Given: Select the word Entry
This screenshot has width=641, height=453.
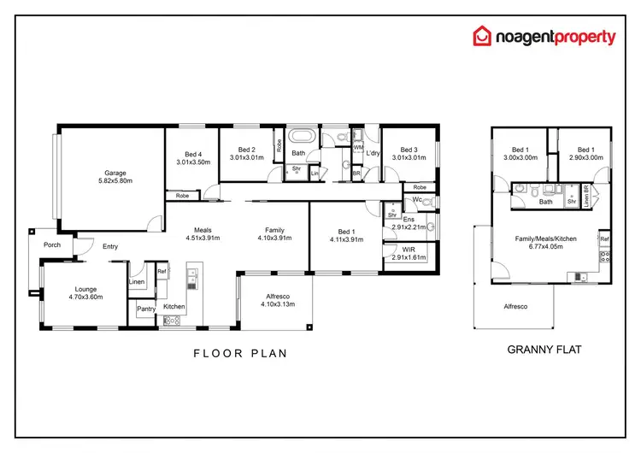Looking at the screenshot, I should tap(110, 247).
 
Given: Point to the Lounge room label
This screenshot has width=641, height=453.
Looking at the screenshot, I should tap(85, 288).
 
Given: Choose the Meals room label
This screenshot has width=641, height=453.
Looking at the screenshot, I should tap(203, 229).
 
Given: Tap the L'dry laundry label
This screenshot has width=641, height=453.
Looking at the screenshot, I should tap(373, 153).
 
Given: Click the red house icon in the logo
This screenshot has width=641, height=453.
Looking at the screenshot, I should tap(484, 36).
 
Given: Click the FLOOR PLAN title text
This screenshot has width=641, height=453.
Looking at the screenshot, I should tap(239, 352).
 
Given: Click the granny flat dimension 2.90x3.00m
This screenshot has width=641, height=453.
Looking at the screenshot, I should tap(585, 157).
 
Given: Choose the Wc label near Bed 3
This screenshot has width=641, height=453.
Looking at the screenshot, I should tap(417, 201).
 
